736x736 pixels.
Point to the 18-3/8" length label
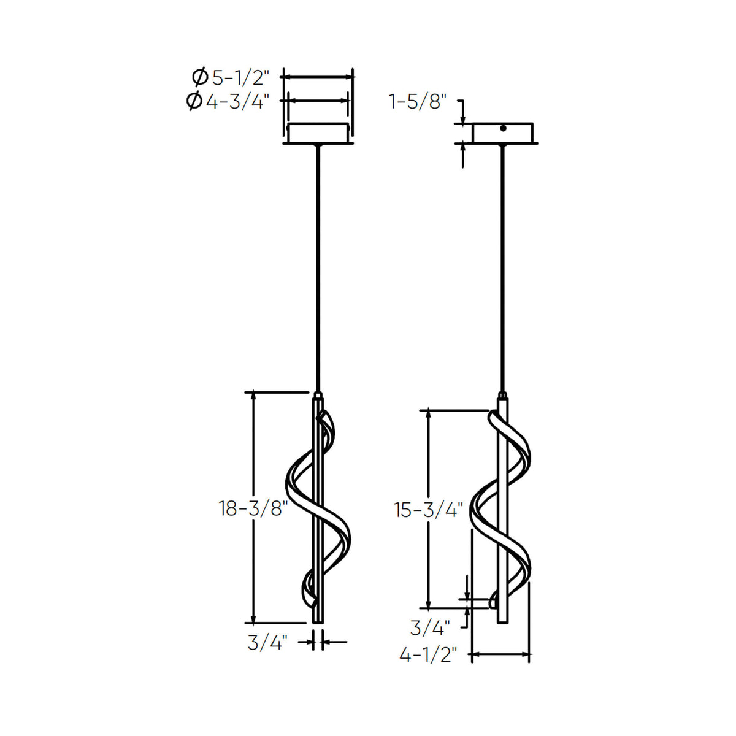point(253,508)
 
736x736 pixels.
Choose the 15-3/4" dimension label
point(428,510)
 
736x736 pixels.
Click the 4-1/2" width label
point(428,655)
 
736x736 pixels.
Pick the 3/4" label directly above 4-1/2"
point(430,627)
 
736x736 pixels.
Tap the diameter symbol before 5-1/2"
point(199,78)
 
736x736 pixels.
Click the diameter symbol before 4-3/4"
point(194,101)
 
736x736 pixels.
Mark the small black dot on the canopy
point(502,128)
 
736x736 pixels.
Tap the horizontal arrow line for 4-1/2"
point(500,655)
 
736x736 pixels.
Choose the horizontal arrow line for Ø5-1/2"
point(318,77)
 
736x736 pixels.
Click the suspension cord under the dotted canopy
point(503,270)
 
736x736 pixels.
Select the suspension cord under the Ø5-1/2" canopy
point(318,270)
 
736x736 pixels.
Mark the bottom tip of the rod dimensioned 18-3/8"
point(318,621)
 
